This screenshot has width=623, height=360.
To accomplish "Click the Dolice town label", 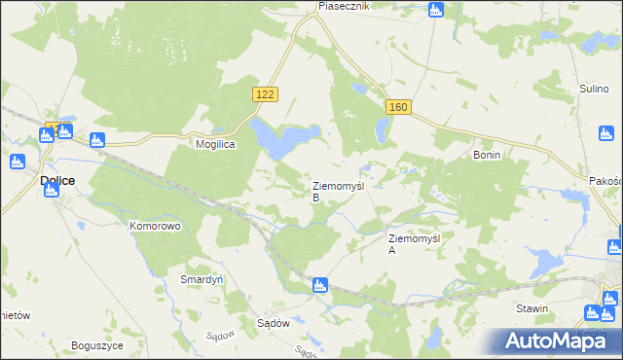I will tap(58, 180).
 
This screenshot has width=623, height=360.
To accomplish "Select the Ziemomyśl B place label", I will tap(337, 190).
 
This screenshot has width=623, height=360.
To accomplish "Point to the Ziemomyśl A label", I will tap(415, 243).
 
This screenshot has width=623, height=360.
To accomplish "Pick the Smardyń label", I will tap(202, 278).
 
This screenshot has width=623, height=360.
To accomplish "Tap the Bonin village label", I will tap(486, 155).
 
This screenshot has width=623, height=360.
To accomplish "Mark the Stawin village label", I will tap(532, 308).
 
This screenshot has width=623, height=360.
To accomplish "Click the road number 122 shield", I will tap(266, 93).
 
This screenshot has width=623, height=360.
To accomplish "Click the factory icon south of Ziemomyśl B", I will tap(318, 285).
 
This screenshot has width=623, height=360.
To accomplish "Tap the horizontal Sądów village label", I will tap(275, 323).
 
